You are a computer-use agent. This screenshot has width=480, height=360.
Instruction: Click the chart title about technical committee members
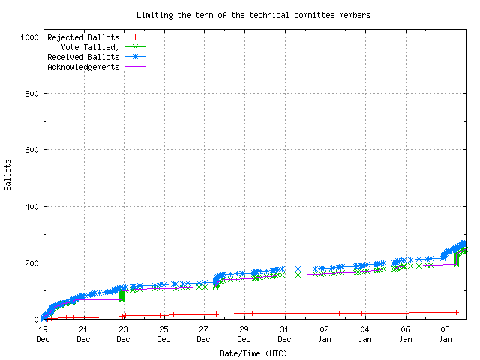[253, 15]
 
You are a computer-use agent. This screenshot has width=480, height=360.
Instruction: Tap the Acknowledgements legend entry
[82, 66]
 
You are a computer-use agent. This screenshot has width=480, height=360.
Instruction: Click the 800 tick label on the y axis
[31, 94]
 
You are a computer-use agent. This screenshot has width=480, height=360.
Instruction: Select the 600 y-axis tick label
[31, 150]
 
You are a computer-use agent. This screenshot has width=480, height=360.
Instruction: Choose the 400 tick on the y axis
[31, 206]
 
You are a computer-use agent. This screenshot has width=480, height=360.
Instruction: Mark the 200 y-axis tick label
[31, 262]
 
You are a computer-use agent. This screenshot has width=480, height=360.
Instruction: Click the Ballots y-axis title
[8, 175]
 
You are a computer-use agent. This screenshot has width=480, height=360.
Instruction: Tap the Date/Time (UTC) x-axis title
[253, 352]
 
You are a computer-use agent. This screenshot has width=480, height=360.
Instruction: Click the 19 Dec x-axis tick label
[43, 334]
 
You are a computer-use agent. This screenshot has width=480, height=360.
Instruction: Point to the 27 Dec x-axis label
[204, 334]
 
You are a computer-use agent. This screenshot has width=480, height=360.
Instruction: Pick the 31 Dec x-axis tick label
[284, 334]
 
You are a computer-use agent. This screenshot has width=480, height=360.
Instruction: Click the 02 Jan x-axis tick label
[325, 334]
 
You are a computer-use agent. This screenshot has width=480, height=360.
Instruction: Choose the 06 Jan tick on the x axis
[405, 334]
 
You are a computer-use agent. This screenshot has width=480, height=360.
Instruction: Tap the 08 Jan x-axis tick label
[445, 334]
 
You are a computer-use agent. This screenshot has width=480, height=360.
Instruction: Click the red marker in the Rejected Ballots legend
[136, 37]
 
